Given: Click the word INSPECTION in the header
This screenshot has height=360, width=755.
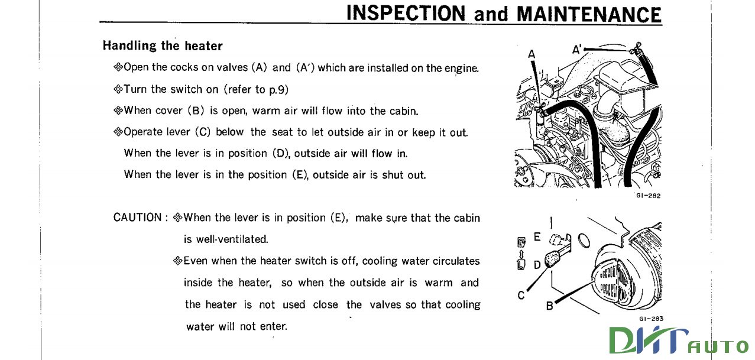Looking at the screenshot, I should (407, 13).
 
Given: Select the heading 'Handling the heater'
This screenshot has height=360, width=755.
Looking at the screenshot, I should (163, 46).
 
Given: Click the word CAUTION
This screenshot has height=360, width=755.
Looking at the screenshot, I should (137, 218).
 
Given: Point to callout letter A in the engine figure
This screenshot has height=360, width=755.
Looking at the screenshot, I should (531, 54).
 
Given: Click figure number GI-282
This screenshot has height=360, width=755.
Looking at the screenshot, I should (648, 195).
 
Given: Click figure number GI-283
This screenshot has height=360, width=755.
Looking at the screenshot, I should (651, 319).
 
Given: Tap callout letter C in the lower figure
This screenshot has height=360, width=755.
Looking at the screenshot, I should (521, 294).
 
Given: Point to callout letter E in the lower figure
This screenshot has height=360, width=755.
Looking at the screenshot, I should (537, 236).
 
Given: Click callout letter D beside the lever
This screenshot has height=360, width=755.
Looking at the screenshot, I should (537, 264).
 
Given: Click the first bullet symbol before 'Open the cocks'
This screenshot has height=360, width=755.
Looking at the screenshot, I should (117, 67).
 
